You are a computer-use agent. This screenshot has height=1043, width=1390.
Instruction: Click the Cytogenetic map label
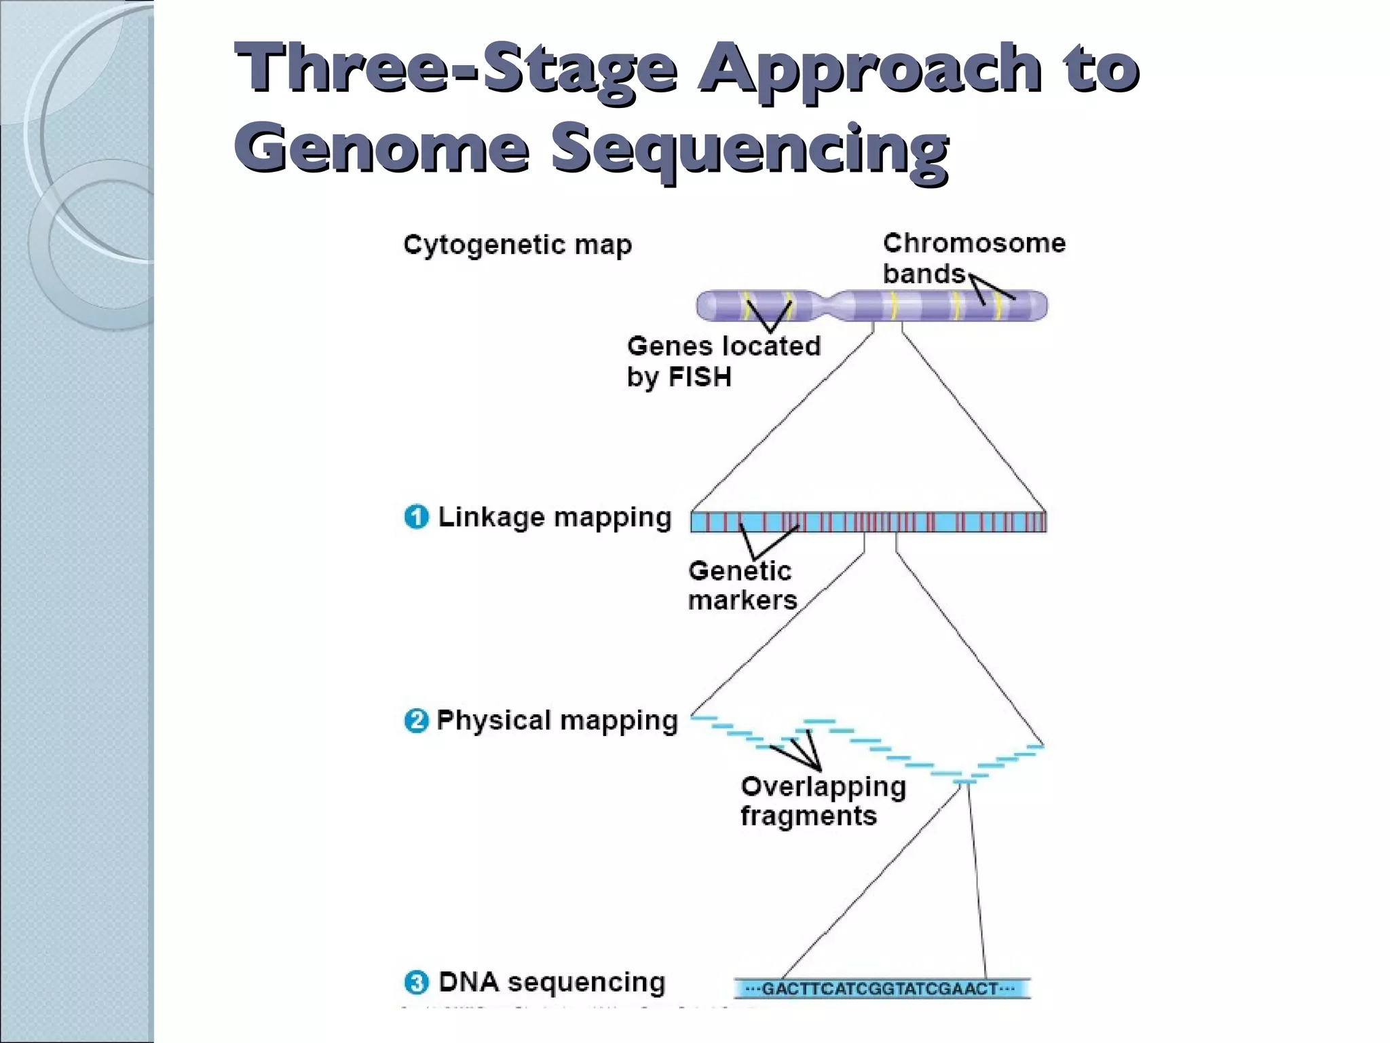click(x=517, y=245)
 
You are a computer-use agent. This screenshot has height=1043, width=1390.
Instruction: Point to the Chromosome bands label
click(x=973, y=258)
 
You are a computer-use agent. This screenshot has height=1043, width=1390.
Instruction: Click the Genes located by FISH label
click(x=723, y=361)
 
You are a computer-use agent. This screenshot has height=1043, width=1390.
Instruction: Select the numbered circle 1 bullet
click(x=417, y=517)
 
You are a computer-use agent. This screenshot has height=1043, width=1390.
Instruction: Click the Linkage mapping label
click(x=555, y=517)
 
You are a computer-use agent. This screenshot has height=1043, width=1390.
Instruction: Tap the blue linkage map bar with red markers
click(x=868, y=521)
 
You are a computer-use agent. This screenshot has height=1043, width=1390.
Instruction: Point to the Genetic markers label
click(x=741, y=585)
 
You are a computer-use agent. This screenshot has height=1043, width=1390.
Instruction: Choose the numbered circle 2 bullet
click(x=416, y=721)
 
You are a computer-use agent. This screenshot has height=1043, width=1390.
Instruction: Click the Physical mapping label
click(x=557, y=720)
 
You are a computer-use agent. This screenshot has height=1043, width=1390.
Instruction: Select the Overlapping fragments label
click(x=823, y=801)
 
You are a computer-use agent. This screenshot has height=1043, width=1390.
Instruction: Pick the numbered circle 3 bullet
click(x=417, y=983)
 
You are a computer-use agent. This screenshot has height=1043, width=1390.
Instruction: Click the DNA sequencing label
click(x=552, y=983)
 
